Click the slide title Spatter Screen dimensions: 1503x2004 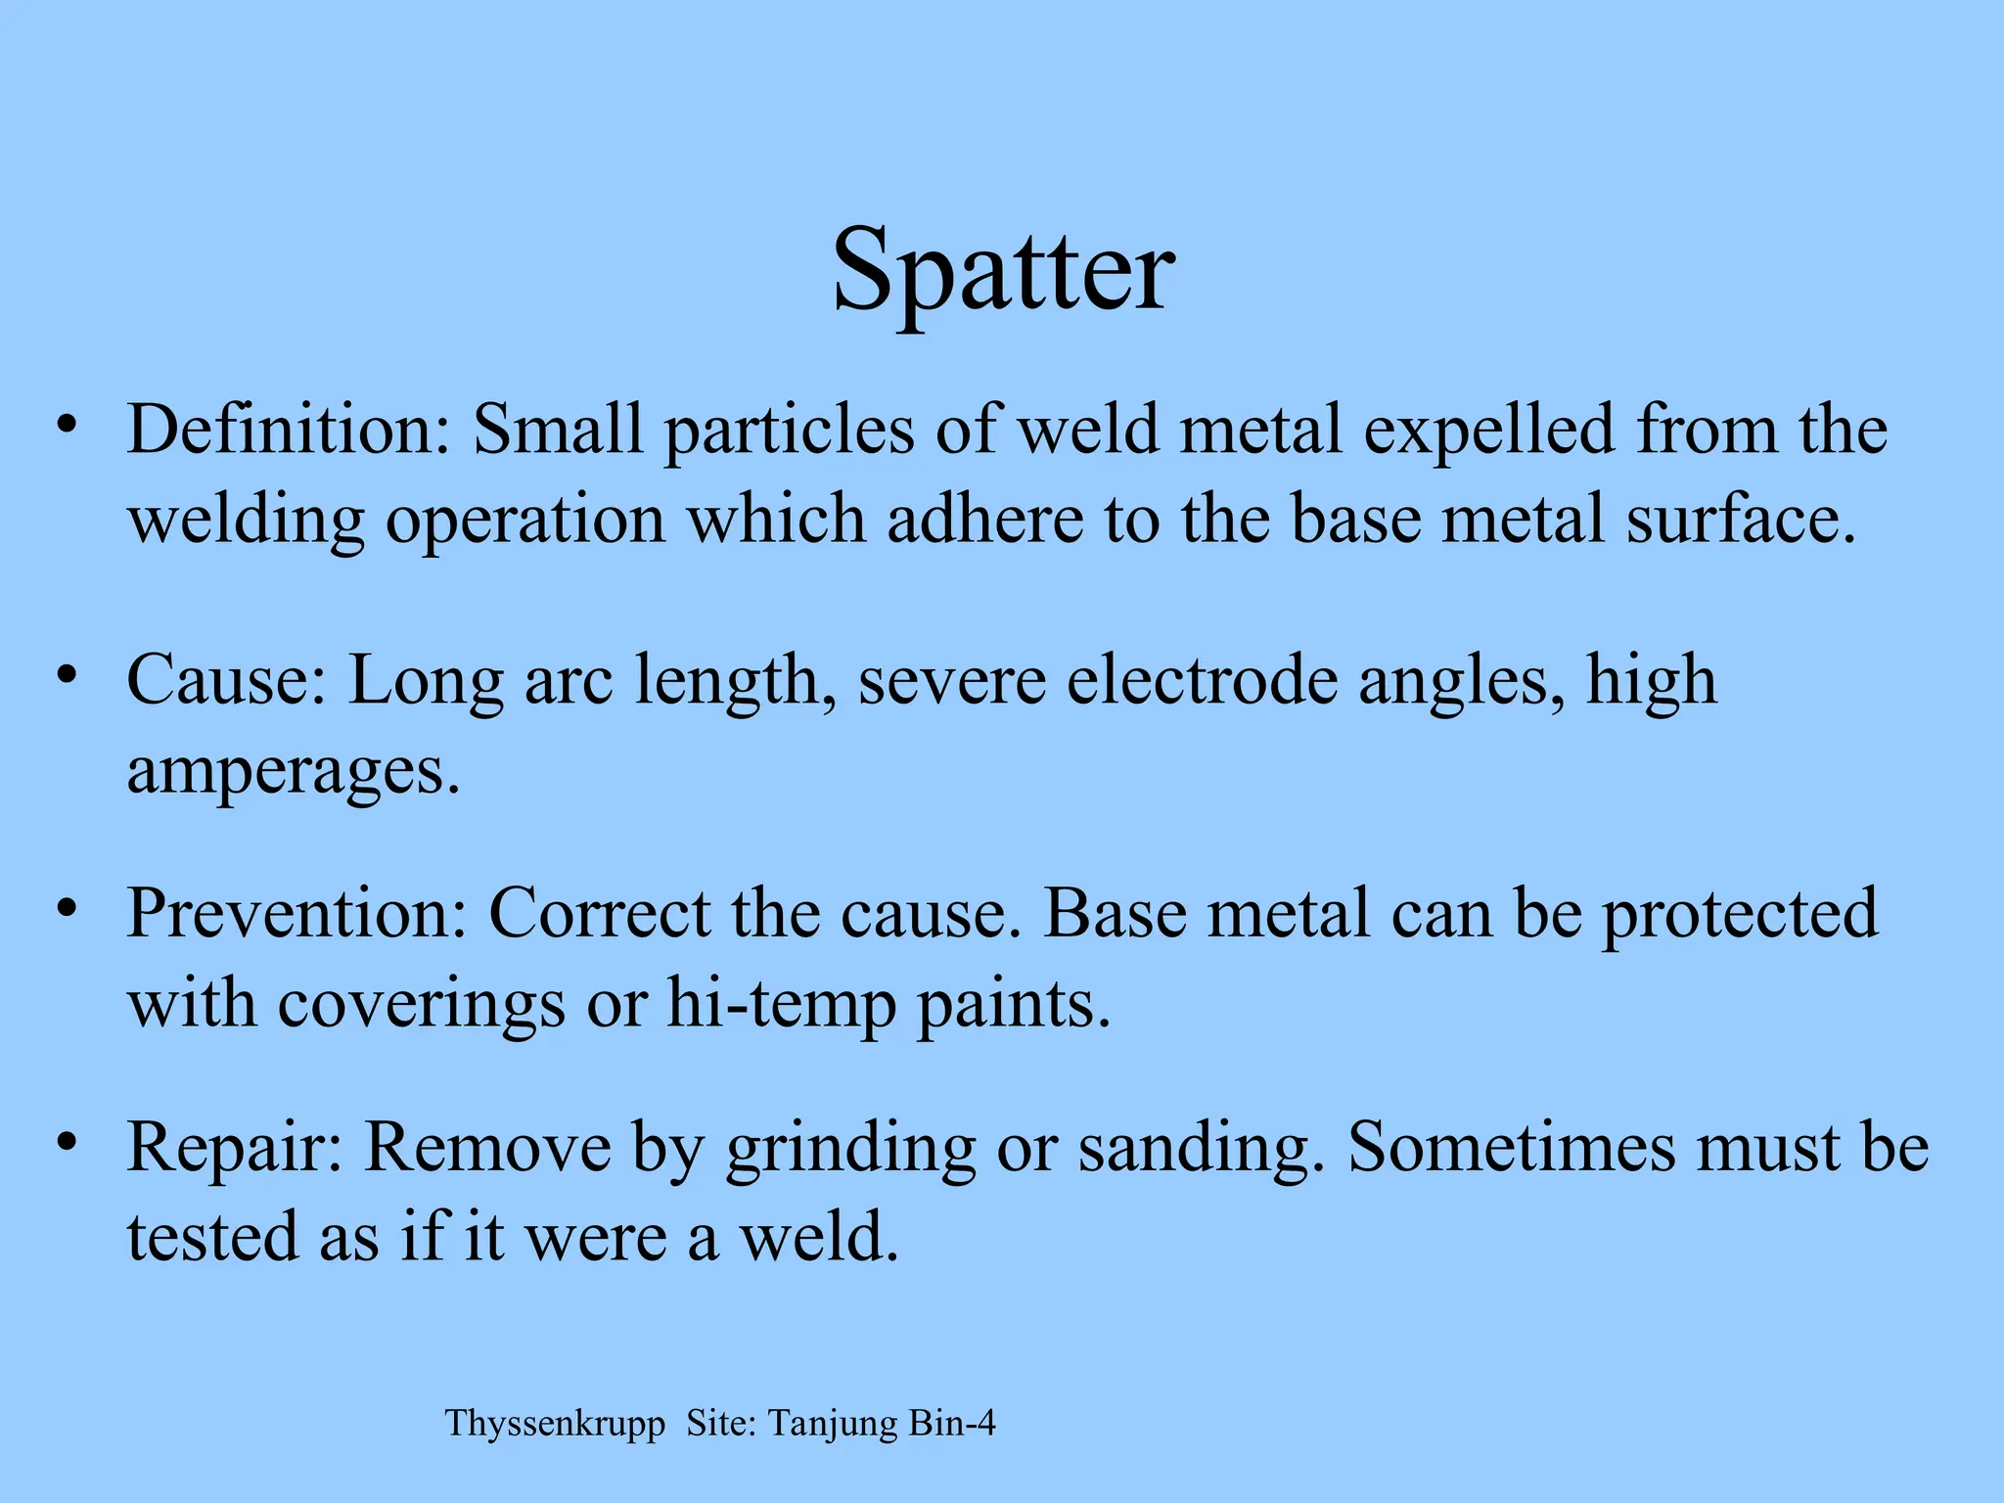click(1003, 269)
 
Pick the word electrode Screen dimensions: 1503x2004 click(1202, 680)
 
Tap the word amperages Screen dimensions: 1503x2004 click(292, 771)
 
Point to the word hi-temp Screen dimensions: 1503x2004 click(781, 1005)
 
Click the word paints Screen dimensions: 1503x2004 click(1013, 1005)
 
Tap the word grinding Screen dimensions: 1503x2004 click(850, 1149)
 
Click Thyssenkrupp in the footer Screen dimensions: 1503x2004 click(555, 1424)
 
